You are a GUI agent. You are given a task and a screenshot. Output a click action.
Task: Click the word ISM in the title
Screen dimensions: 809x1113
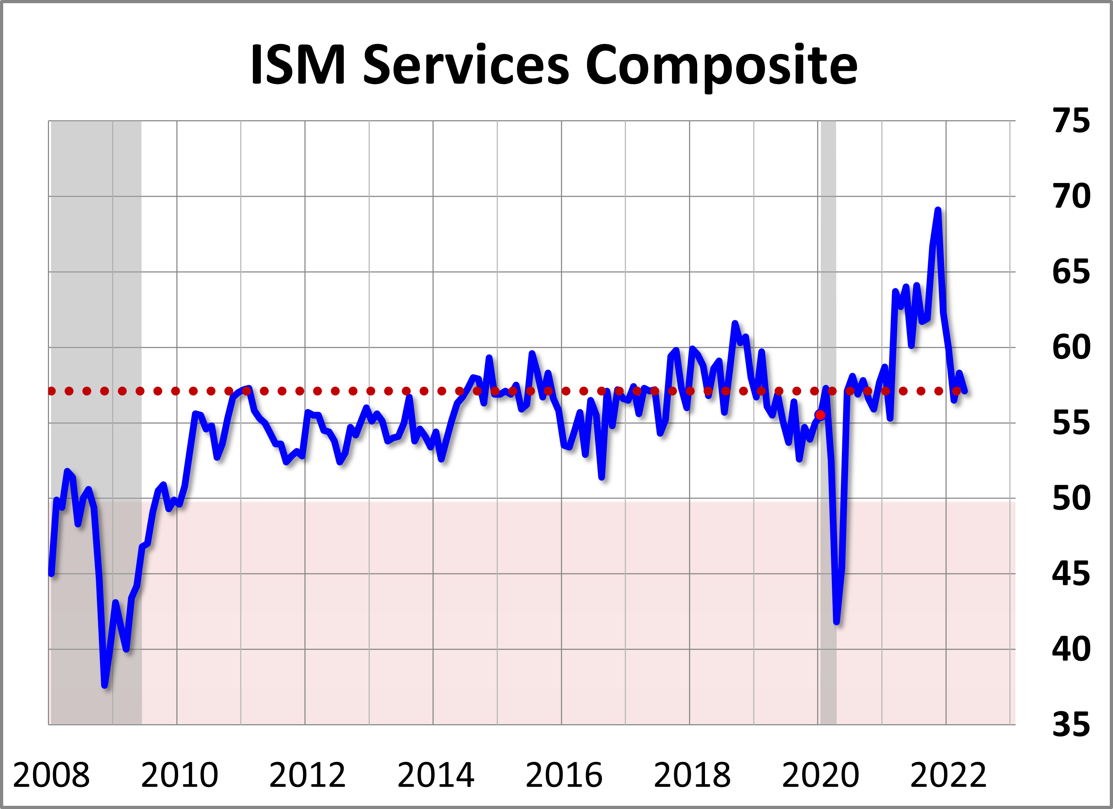298,65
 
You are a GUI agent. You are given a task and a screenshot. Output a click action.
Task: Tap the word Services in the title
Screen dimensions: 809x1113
466,65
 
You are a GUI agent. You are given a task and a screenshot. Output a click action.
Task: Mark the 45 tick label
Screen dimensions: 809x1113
1071,574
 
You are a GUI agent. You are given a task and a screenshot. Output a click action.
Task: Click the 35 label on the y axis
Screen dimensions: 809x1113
1071,725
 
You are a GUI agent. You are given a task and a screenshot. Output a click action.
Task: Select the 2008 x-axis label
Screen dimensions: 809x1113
51,776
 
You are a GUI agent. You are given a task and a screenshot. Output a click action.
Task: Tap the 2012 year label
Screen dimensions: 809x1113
307,776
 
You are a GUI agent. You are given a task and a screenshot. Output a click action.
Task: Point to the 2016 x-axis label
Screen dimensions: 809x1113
563,776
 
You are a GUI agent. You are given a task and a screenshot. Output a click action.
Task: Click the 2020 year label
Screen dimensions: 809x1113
820,776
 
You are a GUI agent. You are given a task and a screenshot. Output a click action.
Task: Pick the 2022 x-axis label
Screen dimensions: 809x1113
948,776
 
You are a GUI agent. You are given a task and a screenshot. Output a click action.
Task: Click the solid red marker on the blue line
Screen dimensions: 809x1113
820,415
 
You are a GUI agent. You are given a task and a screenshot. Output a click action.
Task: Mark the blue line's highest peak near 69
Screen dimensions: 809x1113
938,210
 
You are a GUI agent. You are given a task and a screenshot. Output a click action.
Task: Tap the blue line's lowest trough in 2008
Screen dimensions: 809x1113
105,685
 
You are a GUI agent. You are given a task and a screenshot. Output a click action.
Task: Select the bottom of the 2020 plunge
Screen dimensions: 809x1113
837,622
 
